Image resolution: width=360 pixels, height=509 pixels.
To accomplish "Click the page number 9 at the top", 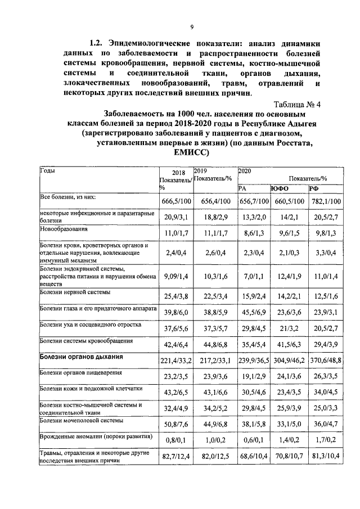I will [192, 28].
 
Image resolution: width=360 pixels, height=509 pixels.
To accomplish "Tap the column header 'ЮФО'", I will [280, 189].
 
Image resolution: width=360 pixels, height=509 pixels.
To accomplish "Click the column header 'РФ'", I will [313, 189].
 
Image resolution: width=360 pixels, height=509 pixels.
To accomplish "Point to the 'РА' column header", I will [244, 189].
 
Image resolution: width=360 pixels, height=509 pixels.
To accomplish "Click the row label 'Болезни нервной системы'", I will [75, 292].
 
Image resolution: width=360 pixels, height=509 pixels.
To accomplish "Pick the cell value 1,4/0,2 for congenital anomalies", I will [289, 438].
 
